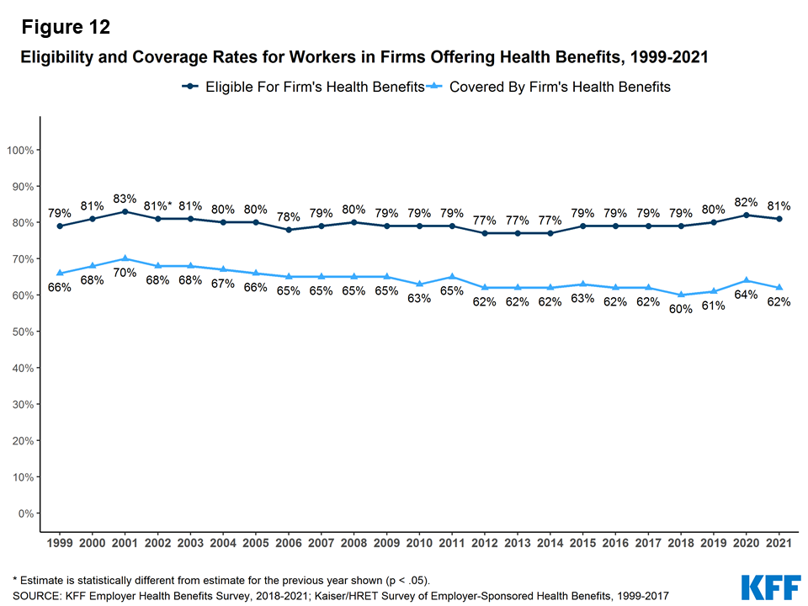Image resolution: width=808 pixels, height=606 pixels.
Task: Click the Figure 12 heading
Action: pos(66,27)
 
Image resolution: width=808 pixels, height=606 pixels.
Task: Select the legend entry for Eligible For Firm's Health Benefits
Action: pos(303,87)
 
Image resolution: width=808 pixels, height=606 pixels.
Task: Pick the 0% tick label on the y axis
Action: pos(25,513)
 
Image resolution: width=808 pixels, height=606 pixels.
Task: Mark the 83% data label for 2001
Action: pos(125,199)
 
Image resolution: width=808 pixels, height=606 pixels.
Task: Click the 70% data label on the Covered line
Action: pos(125,273)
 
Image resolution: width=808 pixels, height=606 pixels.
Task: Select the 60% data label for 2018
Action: pos(681,309)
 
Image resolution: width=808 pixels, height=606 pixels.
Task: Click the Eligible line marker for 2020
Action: pos(747,215)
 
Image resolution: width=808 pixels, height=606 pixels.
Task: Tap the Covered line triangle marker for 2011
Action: pos(452,277)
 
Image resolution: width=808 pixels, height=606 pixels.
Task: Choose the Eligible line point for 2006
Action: pos(289,230)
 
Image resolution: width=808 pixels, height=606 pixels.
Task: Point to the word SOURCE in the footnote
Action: pos(36,596)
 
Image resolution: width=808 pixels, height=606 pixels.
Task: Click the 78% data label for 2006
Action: pos(289,216)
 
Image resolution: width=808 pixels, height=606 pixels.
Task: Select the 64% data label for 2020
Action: pos(747,294)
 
